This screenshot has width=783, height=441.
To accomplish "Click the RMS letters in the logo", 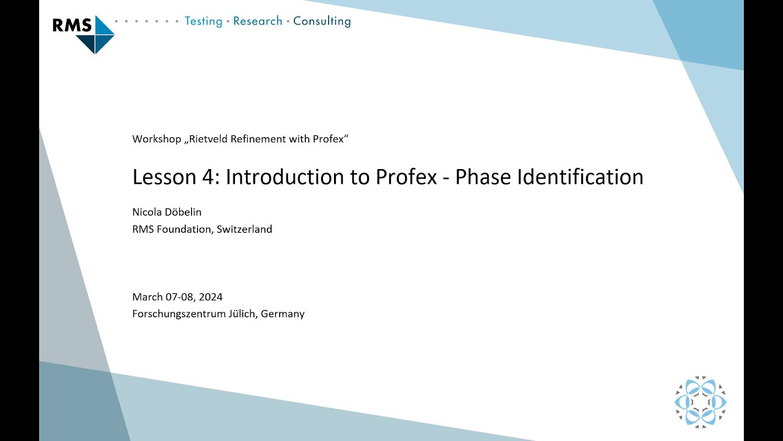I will [x=72, y=25].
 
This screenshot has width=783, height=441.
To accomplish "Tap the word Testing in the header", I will [x=203, y=21].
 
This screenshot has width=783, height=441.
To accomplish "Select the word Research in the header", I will [x=258, y=21].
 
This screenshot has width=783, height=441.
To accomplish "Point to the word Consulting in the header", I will [x=322, y=21].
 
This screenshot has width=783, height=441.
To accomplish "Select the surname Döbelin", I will [x=182, y=212].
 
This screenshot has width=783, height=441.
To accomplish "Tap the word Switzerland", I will [x=244, y=230].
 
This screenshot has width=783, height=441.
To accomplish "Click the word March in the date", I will [x=147, y=297].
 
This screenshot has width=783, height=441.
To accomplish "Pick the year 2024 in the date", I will [x=210, y=297].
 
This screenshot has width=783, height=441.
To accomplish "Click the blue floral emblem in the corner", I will [x=700, y=402].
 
